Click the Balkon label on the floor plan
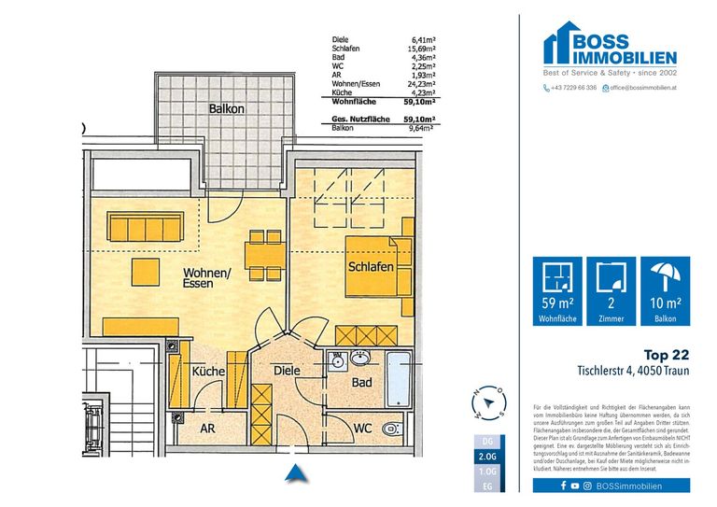(x=227, y=109)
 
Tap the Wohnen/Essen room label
(x=207, y=277)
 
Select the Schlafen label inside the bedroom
(x=370, y=267)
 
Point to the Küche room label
(x=208, y=372)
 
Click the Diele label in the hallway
(x=287, y=371)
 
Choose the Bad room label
(x=362, y=383)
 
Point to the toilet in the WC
(x=393, y=428)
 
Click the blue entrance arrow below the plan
(x=296, y=473)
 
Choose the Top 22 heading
(x=668, y=355)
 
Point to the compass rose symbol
(x=489, y=401)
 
